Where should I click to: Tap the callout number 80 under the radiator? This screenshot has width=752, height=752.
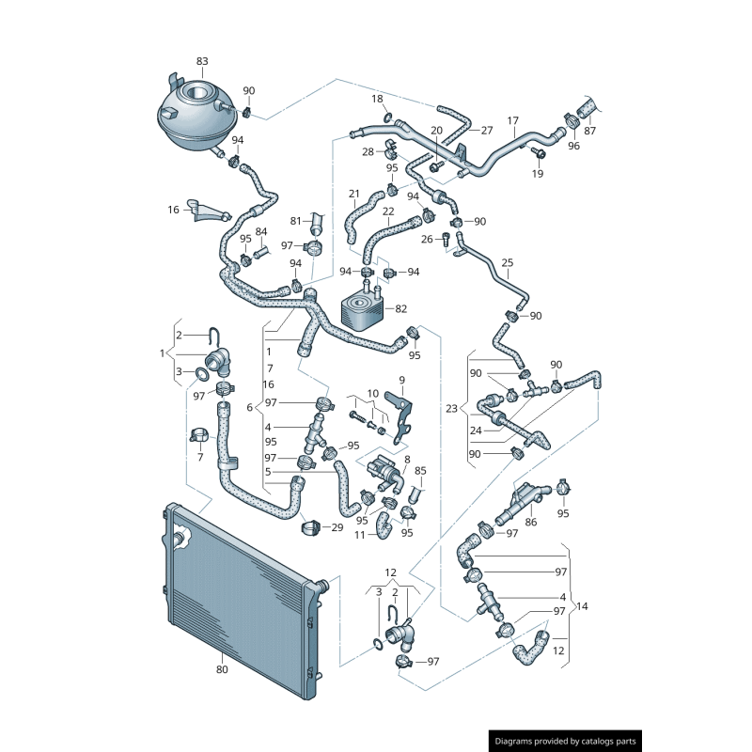click(x=222, y=670)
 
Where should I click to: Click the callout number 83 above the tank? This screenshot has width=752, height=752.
click(x=202, y=61)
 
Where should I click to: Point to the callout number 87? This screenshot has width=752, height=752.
click(x=589, y=131)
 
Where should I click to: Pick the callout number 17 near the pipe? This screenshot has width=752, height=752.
click(x=513, y=120)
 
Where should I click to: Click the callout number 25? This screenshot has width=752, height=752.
click(x=508, y=262)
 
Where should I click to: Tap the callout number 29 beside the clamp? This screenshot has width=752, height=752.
click(x=337, y=527)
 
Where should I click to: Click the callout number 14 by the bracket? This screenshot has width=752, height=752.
click(x=582, y=606)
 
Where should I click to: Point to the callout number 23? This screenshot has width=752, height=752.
click(x=451, y=409)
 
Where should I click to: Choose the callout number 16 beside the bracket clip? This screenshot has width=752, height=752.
click(x=173, y=210)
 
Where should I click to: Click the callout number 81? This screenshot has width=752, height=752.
click(x=295, y=221)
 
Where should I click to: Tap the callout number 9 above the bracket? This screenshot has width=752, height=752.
click(x=401, y=380)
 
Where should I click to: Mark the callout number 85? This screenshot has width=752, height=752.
click(x=420, y=471)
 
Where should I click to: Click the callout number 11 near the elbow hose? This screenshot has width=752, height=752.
click(x=360, y=535)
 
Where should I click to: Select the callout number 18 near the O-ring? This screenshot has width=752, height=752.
click(x=377, y=99)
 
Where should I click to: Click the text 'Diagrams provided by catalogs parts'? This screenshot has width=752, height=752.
click(x=566, y=741)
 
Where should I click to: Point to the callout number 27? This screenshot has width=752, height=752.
click(x=487, y=130)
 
